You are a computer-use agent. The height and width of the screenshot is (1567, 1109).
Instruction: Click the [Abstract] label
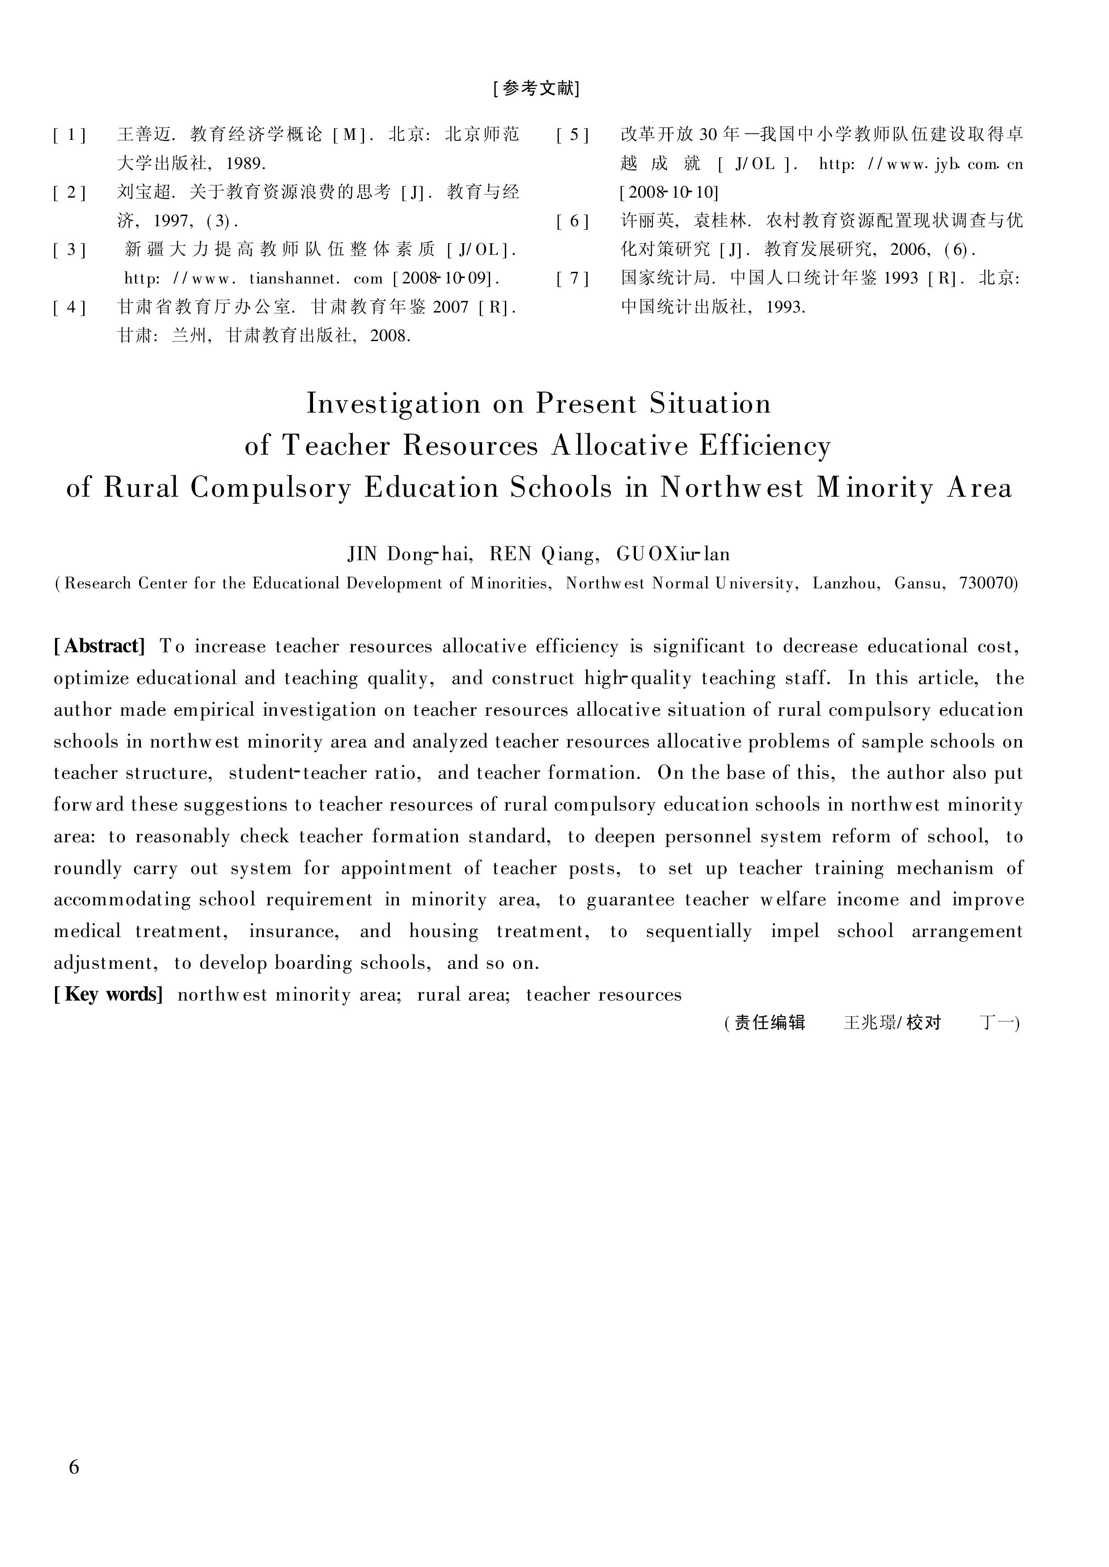pyautogui.click(x=100, y=646)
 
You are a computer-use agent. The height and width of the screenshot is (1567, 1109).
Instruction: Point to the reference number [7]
pyautogui.click(x=572, y=279)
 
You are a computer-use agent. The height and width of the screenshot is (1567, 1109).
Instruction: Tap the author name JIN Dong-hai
pyautogui.click(x=411, y=554)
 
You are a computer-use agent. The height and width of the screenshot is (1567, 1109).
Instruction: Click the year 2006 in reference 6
pyautogui.click(x=909, y=250)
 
